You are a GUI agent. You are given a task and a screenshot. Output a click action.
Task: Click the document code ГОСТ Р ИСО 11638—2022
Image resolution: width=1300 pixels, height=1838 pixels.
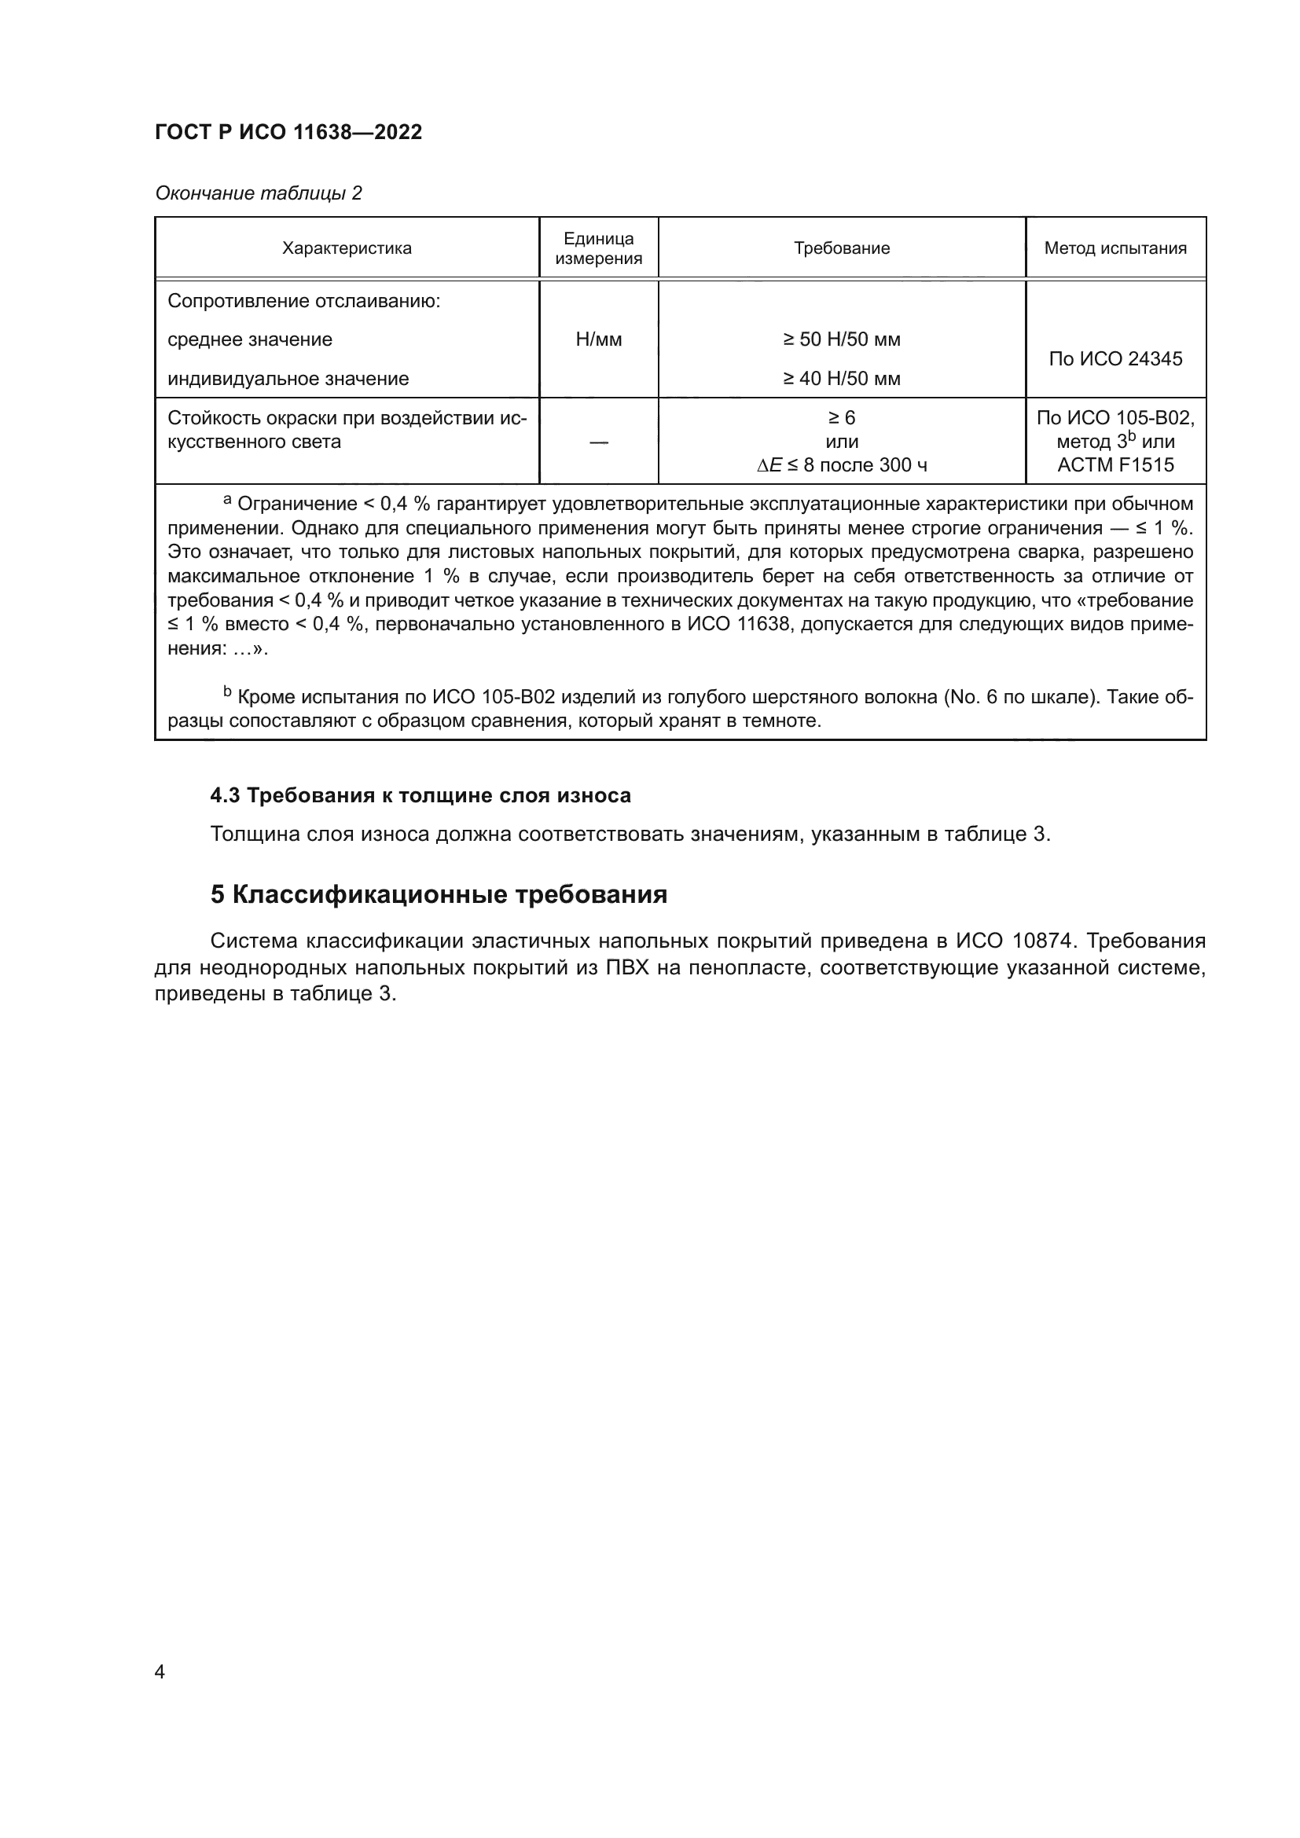[x=288, y=132]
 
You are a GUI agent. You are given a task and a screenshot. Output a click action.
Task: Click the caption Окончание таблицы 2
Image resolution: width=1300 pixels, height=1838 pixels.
[x=258, y=193]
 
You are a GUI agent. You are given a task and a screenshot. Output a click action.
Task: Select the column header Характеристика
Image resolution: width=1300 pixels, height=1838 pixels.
[x=347, y=248]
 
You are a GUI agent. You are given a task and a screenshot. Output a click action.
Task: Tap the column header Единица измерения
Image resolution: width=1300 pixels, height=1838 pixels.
[x=599, y=248]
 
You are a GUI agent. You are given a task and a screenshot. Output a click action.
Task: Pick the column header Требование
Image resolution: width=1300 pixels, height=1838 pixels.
[x=841, y=248]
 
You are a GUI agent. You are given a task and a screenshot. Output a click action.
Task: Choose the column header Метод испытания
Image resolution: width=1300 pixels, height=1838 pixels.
[x=1115, y=248]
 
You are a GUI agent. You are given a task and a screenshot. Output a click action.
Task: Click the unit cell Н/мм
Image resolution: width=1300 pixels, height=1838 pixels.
[x=599, y=339]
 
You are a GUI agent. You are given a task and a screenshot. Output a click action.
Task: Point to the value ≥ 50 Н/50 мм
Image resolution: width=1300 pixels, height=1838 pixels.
[x=841, y=339]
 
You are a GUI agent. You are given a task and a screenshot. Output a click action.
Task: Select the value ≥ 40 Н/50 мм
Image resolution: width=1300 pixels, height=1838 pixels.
[x=841, y=379]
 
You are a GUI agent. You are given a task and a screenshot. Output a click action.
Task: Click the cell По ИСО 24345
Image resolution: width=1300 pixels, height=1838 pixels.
[x=1115, y=358]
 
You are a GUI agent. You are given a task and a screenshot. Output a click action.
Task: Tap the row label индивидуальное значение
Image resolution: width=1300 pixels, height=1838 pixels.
[x=288, y=379]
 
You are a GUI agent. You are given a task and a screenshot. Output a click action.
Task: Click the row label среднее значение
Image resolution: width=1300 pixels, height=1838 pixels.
[x=250, y=339]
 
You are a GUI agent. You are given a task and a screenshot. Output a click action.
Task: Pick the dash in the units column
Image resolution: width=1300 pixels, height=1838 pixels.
[x=599, y=442]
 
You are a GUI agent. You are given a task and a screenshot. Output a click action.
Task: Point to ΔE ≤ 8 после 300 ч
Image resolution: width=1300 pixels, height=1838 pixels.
[x=841, y=465]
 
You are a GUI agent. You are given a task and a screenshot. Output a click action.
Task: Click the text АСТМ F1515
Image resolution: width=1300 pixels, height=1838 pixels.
[x=1115, y=465]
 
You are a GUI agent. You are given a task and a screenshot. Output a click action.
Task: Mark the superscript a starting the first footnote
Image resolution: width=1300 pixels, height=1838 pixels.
[x=227, y=501]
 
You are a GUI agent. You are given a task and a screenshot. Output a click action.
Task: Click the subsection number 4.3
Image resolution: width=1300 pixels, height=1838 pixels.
[x=225, y=795]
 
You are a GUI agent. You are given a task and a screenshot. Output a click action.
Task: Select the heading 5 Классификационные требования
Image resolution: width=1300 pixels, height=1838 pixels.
[x=439, y=894]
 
